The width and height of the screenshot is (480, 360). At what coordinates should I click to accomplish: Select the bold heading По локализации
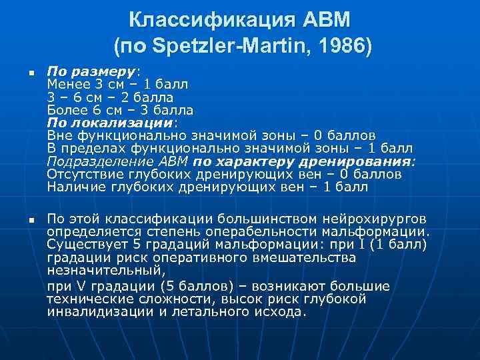(x=110, y=123)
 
